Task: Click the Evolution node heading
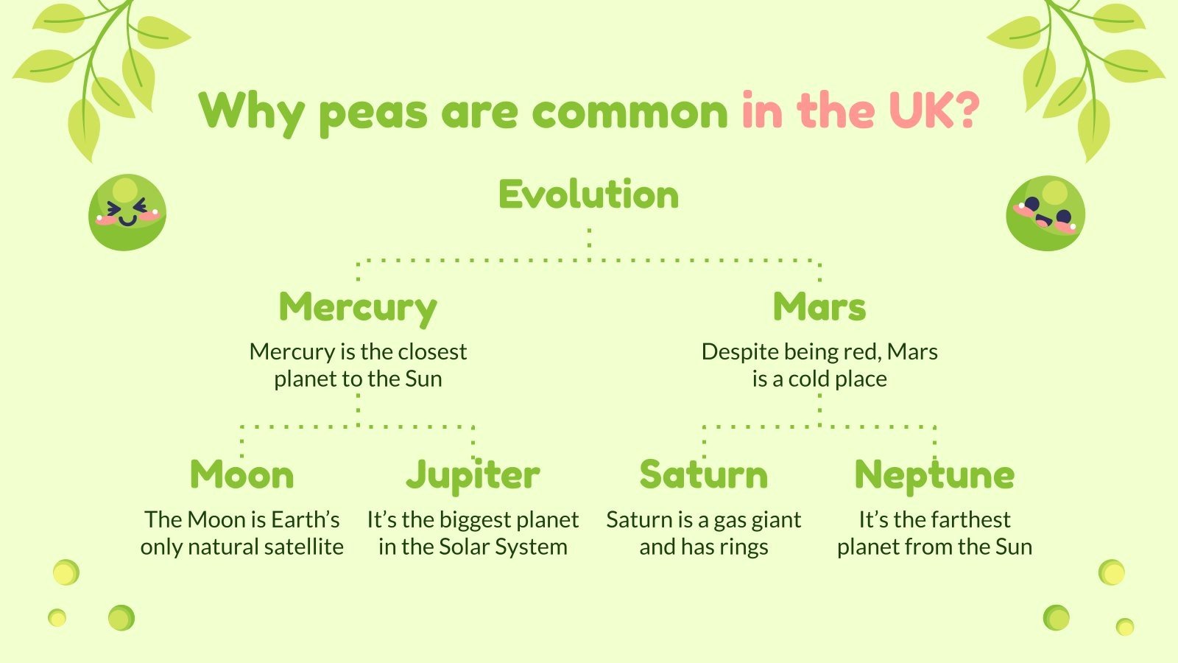588,195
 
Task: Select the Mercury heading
358,308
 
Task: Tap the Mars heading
819,307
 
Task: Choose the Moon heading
241,474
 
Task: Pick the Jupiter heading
473,475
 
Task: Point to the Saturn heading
703,474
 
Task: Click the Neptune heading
934,475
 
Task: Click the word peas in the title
373,113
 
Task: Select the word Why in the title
251,112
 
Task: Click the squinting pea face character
127,212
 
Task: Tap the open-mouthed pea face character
1045,213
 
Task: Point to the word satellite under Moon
304,547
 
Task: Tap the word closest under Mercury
432,352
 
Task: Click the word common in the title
629,112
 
